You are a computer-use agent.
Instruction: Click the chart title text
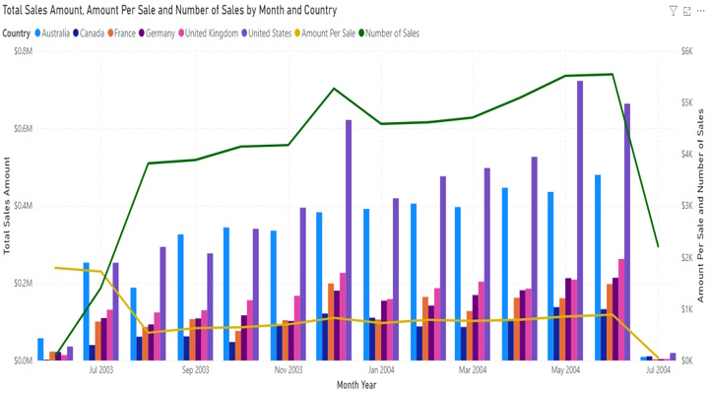tap(169, 11)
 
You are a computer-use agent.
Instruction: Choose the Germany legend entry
tap(159, 33)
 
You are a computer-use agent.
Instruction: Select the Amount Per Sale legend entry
tap(327, 33)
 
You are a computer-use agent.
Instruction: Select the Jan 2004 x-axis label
tap(381, 371)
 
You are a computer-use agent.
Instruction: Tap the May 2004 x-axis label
tap(565, 371)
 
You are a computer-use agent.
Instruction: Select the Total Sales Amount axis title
tap(7, 205)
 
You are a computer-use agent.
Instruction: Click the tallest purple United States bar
tap(580, 222)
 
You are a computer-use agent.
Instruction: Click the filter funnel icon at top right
tap(674, 11)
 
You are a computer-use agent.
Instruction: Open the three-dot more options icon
tap(700, 11)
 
